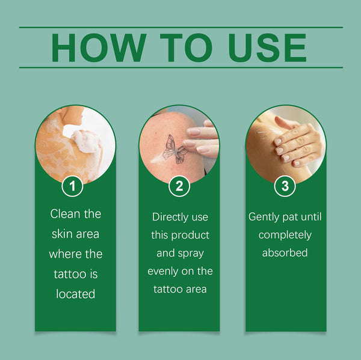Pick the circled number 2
tap(179, 186)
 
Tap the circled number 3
tap(285, 186)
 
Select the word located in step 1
tap(76, 294)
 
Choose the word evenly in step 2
tap(164, 271)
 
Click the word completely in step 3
tap(285, 235)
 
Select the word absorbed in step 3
tap(285, 253)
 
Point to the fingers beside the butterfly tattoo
tap(202, 141)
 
